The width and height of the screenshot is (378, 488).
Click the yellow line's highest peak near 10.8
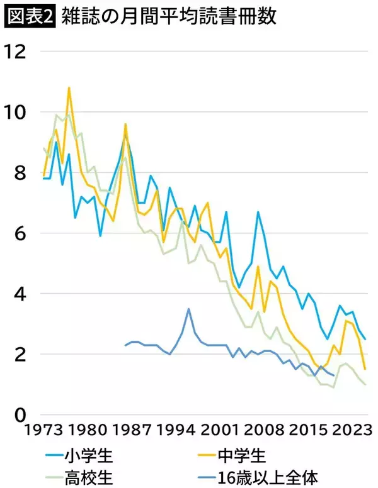tap(69, 88)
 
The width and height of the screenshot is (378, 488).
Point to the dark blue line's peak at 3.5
tap(188, 309)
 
